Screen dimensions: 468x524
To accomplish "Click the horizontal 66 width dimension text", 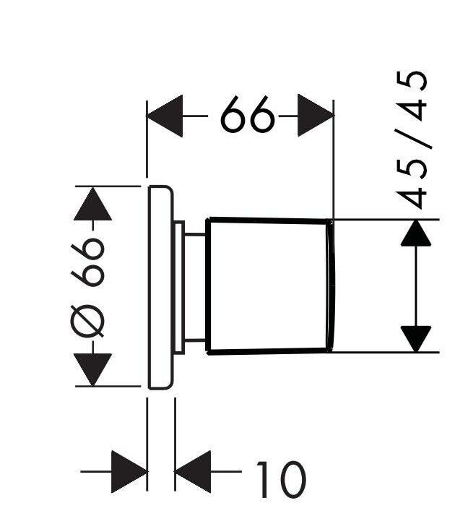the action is click(248, 116).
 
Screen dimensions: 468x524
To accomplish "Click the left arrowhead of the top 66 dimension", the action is click(164, 116).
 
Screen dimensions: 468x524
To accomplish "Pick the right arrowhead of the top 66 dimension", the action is click(316, 116).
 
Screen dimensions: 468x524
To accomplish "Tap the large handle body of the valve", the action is click(267, 285).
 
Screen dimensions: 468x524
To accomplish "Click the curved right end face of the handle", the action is click(331, 285).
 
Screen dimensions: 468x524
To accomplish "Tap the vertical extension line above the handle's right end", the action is click(333, 166).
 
